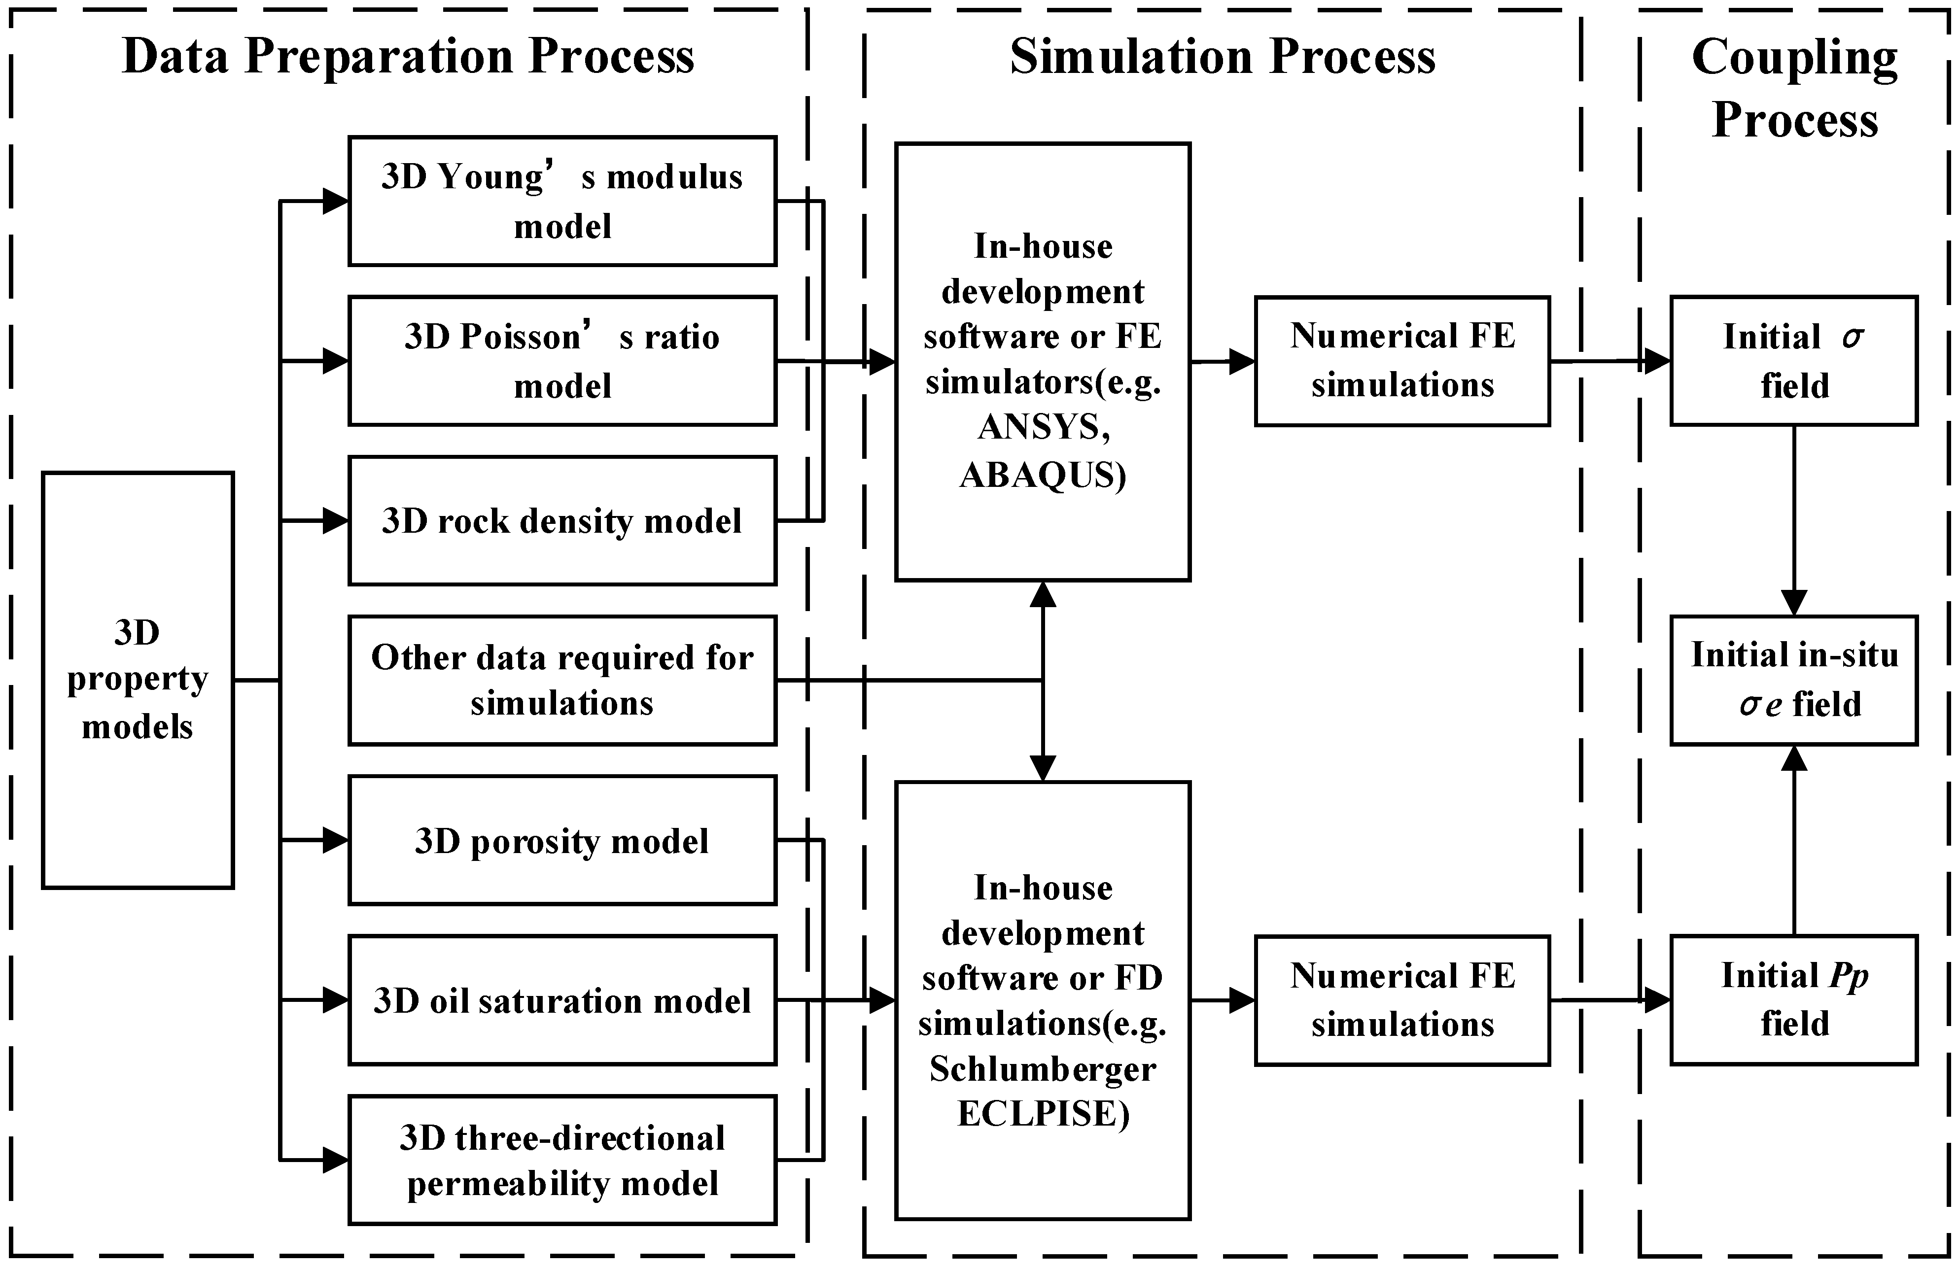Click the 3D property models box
tap(138, 680)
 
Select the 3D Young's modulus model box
tap(562, 201)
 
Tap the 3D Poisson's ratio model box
tap(562, 360)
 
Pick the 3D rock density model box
tap(562, 520)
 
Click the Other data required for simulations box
tap(562, 680)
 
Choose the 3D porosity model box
tap(562, 840)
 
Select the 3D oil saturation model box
tap(562, 1000)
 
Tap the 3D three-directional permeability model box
tap(562, 1160)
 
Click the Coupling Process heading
tap(1794, 88)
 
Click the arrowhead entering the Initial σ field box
tap(1656, 360)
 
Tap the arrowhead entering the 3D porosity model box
tap(335, 840)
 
